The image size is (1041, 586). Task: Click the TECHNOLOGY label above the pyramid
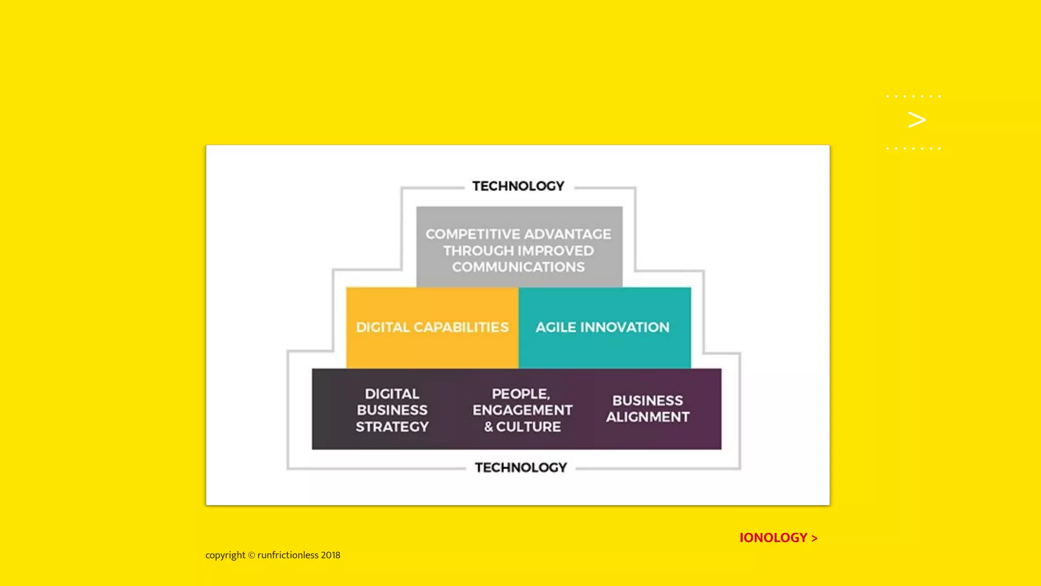(518, 186)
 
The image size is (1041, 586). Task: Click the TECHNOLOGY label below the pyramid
(520, 467)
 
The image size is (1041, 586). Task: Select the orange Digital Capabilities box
(432, 328)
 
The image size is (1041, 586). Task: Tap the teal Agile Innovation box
(604, 328)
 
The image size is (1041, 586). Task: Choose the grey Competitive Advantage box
(519, 247)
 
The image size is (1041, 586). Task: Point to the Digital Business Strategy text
(392, 410)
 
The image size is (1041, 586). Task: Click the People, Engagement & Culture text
(522, 410)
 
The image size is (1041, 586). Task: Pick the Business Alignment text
(648, 408)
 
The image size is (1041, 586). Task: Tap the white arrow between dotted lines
(916, 120)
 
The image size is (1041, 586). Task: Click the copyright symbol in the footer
(251, 555)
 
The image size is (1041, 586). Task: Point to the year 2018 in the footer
(330, 555)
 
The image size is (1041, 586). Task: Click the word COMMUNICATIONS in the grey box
(518, 267)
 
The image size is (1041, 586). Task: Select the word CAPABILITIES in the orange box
(461, 328)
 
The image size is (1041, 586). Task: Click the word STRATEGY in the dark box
(392, 427)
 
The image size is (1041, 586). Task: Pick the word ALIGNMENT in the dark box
(648, 417)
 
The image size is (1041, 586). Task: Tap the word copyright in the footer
(225, 555)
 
